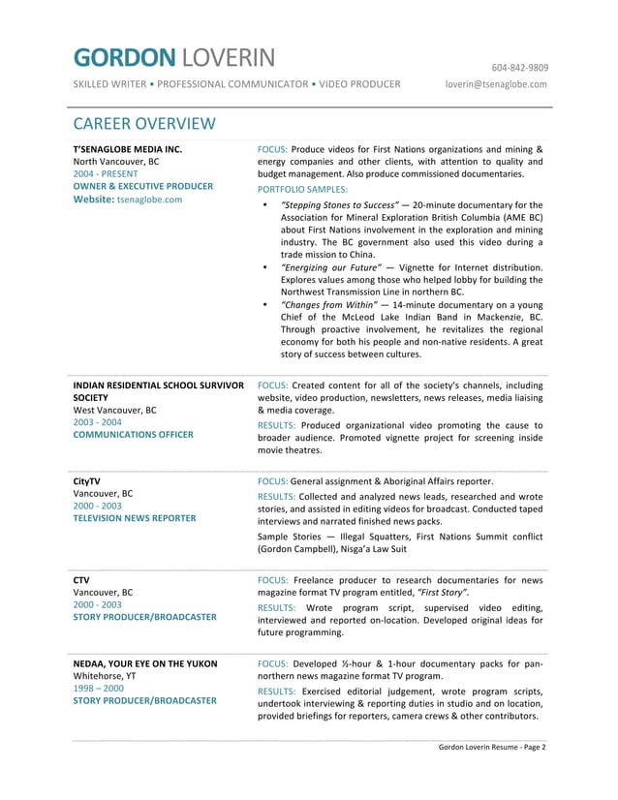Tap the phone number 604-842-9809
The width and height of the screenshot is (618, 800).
(519, 68)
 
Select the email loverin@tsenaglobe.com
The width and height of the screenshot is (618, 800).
(496, 84)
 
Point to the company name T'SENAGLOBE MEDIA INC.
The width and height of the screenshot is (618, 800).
(128, 149)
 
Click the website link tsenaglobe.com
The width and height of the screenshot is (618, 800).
(149, 200)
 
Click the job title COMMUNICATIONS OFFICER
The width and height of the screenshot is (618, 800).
(133, 435)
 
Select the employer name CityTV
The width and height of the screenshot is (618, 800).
(87, 480)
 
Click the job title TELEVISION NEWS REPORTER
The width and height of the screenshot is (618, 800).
(135, 518)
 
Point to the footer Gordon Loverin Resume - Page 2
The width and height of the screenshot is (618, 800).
(492, 747)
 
